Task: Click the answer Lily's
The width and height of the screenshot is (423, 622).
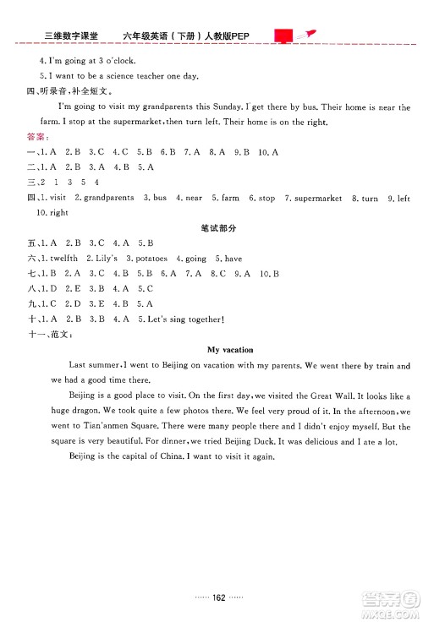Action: pos(104,258)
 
